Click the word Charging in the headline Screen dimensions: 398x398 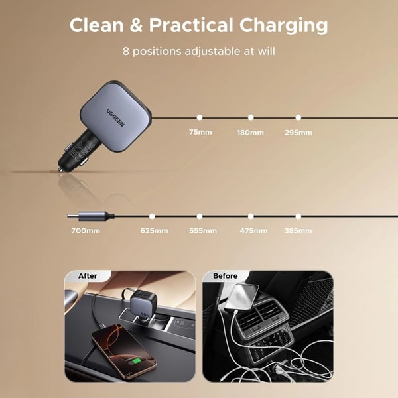coord(283,27)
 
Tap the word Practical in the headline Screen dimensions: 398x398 coord(191,25)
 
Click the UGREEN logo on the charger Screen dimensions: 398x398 coord(115,118)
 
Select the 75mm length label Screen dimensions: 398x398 coord(200,132)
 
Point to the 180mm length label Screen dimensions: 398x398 coord(250,133)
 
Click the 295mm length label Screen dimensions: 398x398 coord(298,133)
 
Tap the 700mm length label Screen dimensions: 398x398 coord(86,230)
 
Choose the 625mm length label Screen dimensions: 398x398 coord(154,230)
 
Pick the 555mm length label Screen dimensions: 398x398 coord(203,230)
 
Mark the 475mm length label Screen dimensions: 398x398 coord(253,230)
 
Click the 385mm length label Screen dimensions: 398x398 coord(298,230)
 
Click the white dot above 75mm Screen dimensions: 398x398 coord(200,117)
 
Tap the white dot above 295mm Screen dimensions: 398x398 coord(298,117)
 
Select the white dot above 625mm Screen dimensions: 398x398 coord(152,216)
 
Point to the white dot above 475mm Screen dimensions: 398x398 coord(251,216)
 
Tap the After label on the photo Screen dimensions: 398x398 coord(88,276)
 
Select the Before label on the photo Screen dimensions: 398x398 coord(225,276)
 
